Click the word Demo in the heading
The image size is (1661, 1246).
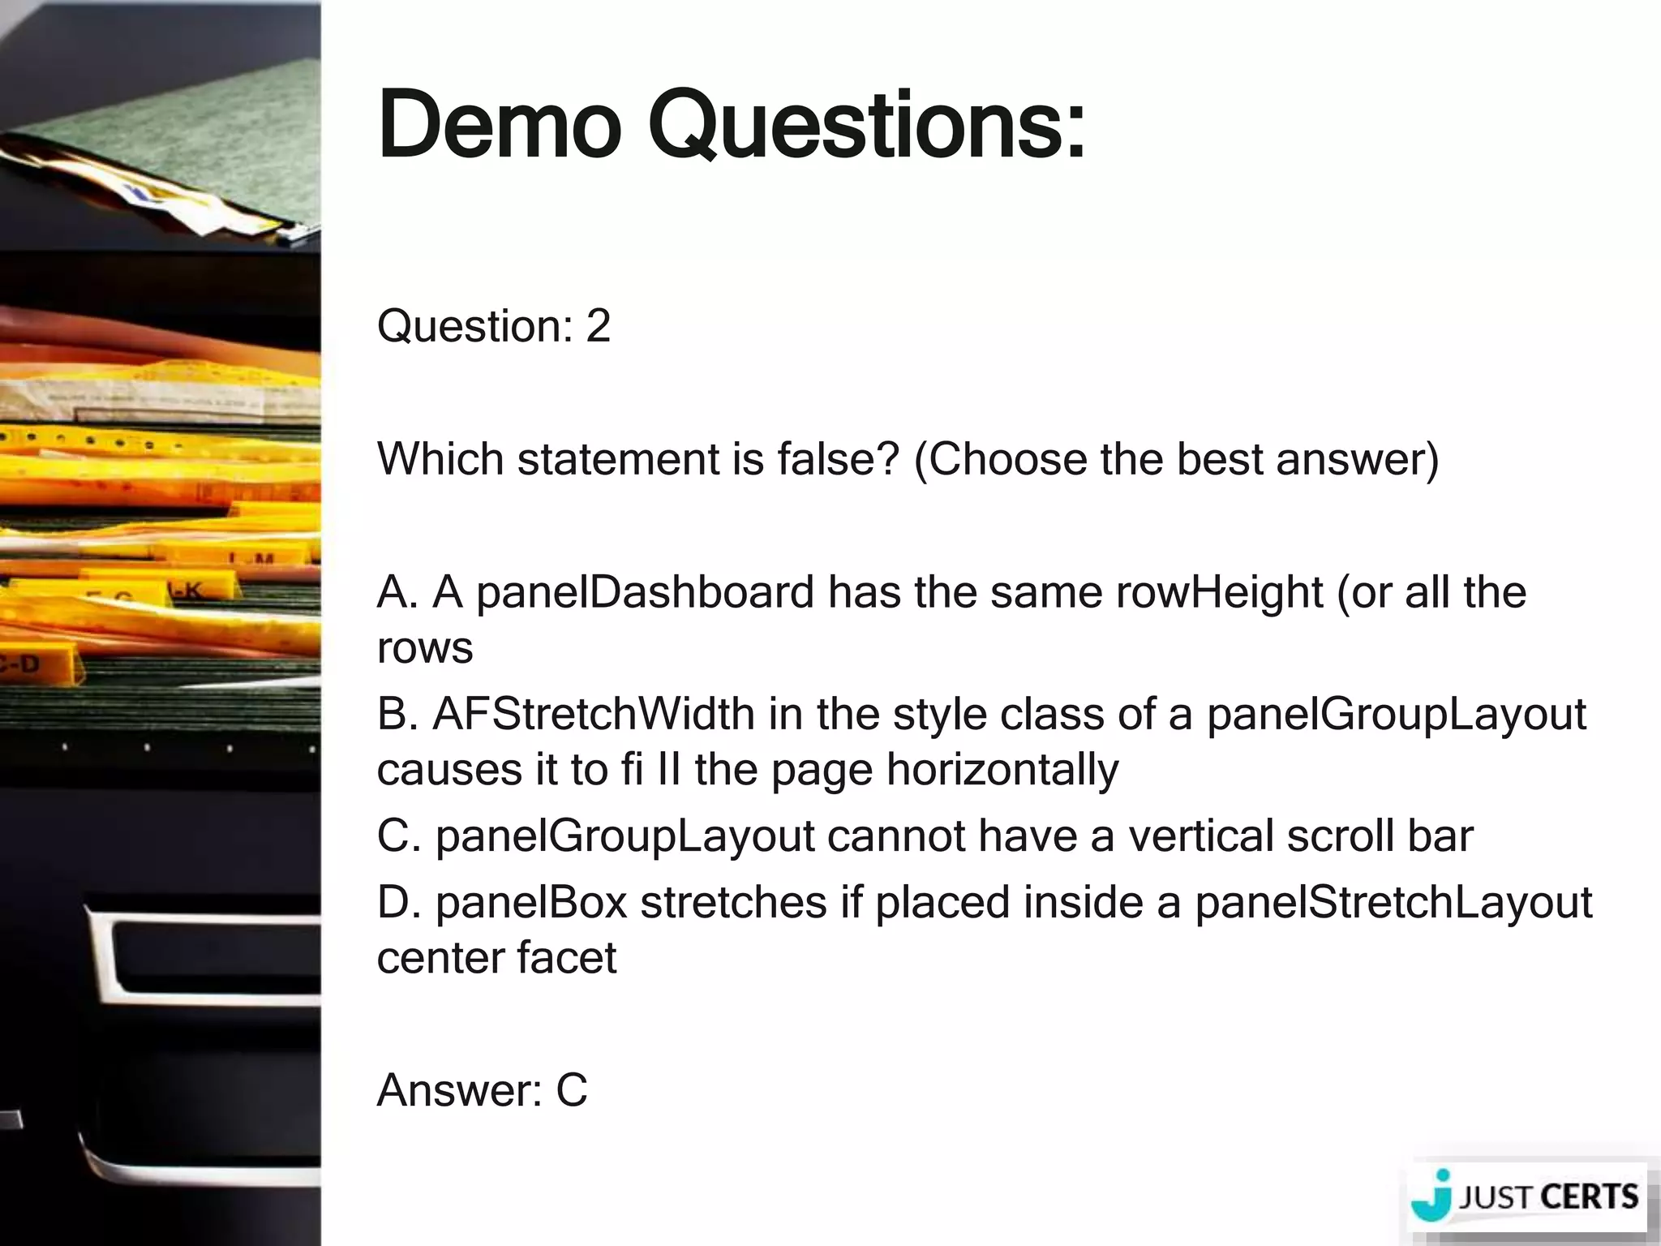(x=500, y=126)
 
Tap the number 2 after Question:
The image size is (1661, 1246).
(x=598, y=326)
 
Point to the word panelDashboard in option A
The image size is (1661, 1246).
(x=645, y=592)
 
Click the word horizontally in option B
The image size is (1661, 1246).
(x=1002, y=770)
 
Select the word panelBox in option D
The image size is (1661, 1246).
(x=531, y=902)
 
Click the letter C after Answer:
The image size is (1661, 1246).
(x=571, y=1089)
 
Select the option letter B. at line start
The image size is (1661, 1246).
(x=397, y=715)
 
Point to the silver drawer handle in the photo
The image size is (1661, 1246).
(x=203, y=949)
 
